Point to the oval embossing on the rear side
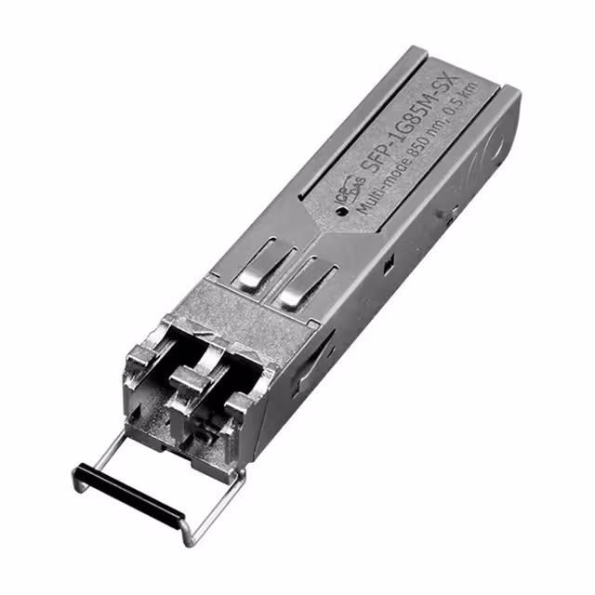pyautogui.click(x=490, y=139)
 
